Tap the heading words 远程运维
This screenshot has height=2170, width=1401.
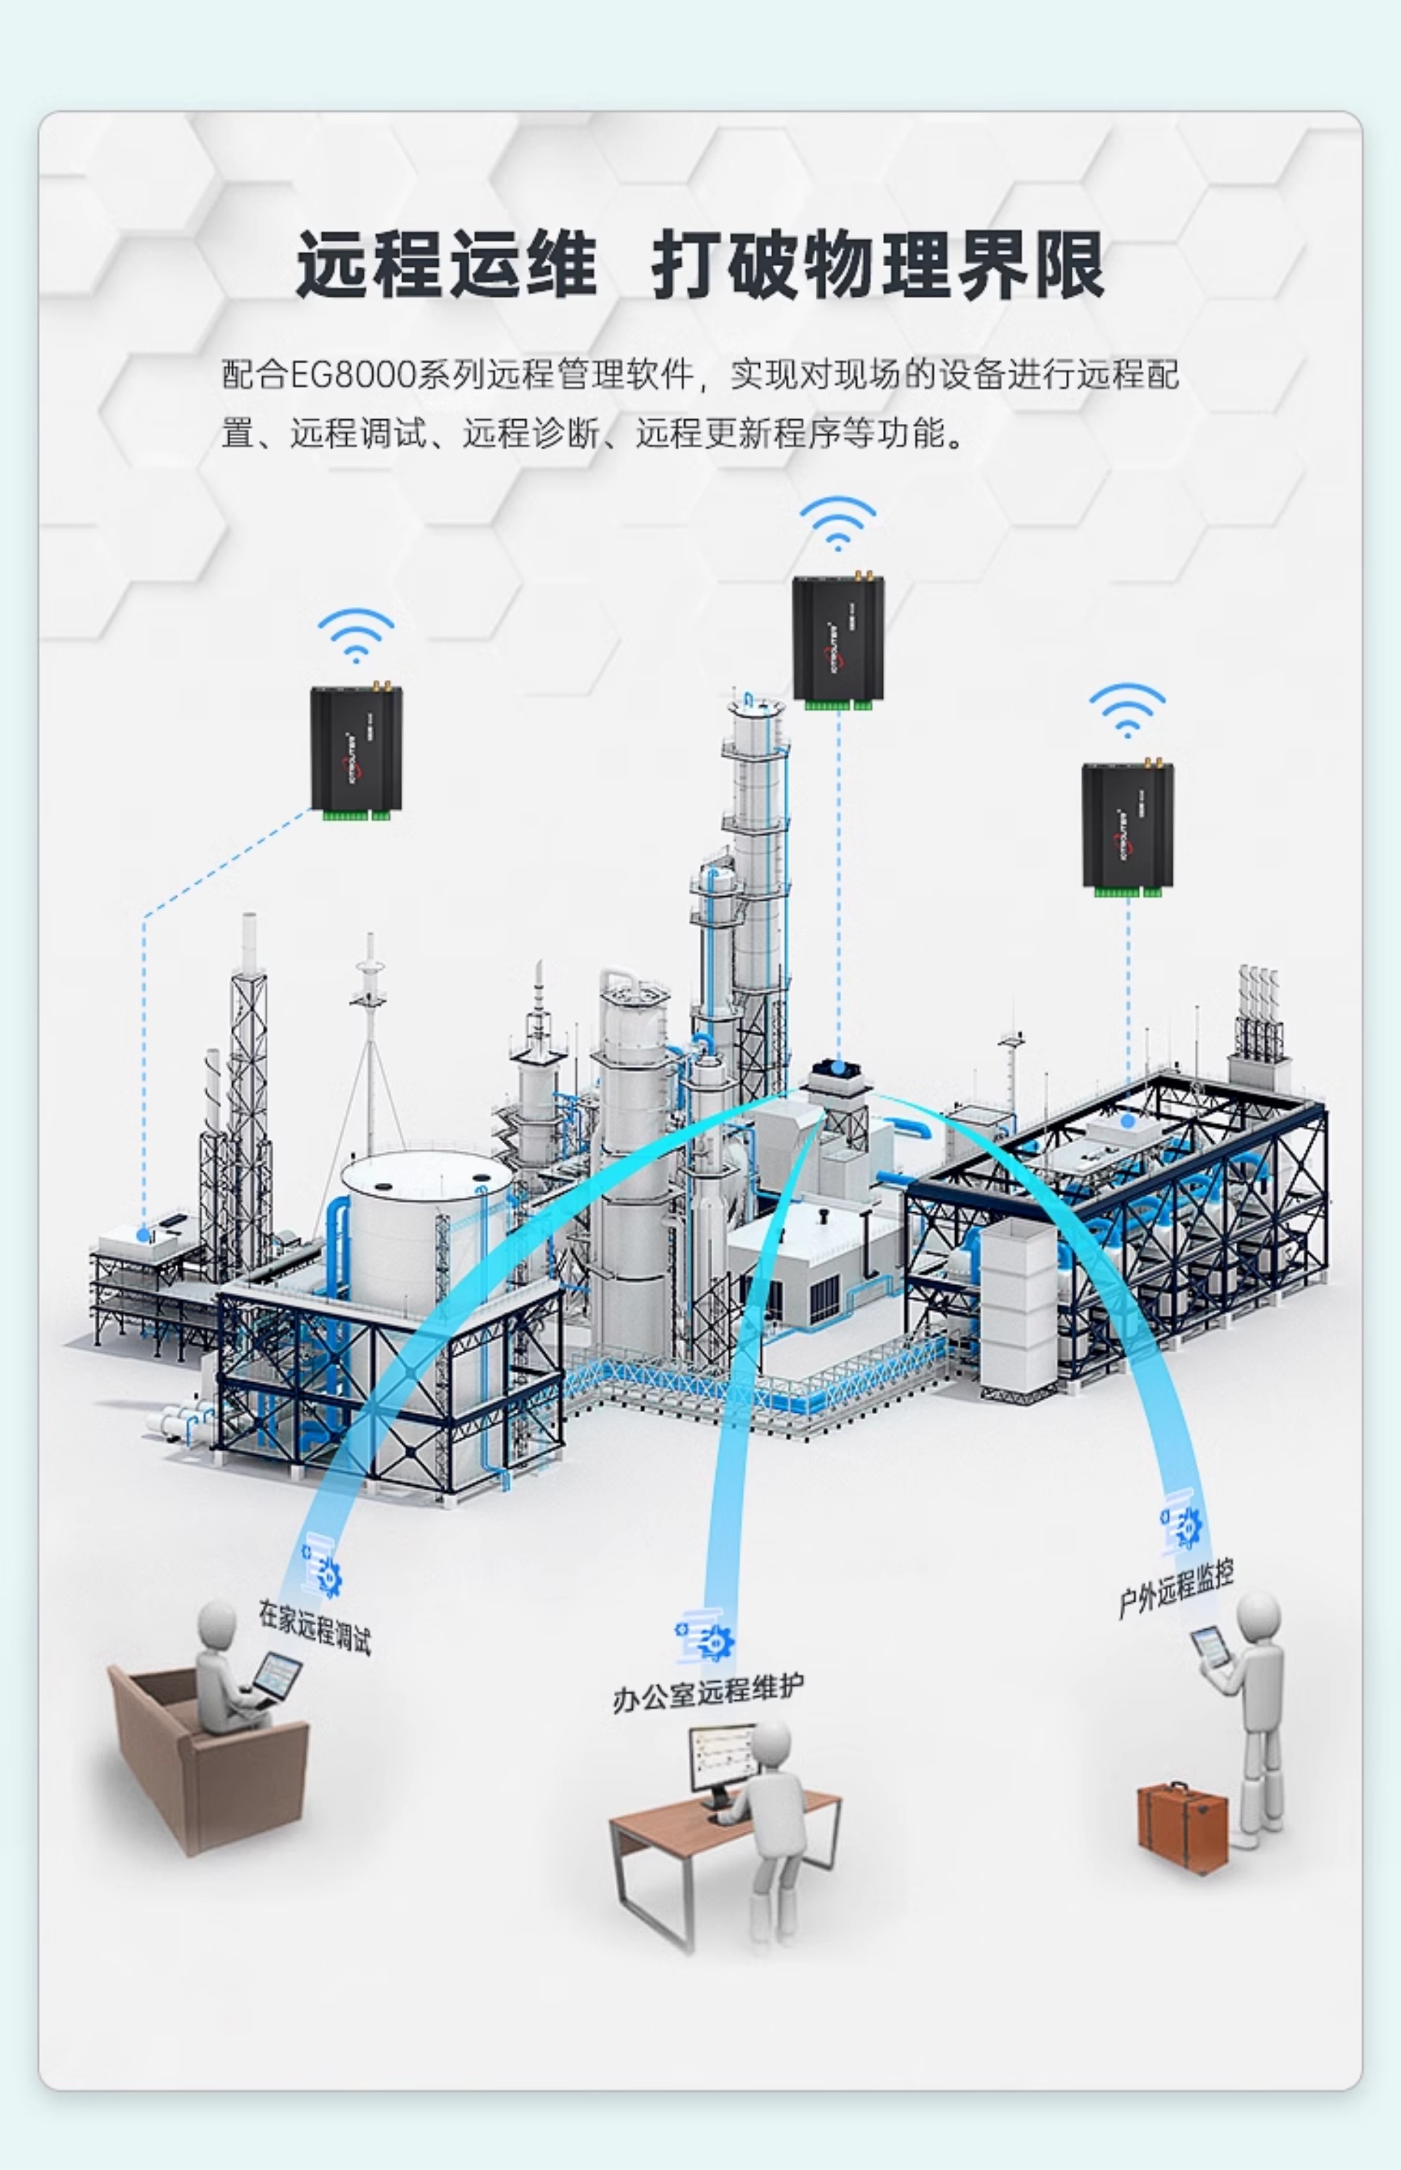(x=446, y=265)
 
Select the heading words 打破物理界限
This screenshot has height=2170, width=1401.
(x=878, y=265)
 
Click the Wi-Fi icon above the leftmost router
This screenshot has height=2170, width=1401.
(x=356, y=635)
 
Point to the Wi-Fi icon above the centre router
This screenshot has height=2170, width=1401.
(x=838, y=523)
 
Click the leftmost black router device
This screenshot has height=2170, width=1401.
(x=356, y=750)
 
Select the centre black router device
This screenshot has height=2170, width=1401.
(x=838, y=640)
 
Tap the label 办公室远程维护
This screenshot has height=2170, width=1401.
(x=708, y=1692)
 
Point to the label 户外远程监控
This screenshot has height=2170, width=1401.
(x=1176, y=1589)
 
